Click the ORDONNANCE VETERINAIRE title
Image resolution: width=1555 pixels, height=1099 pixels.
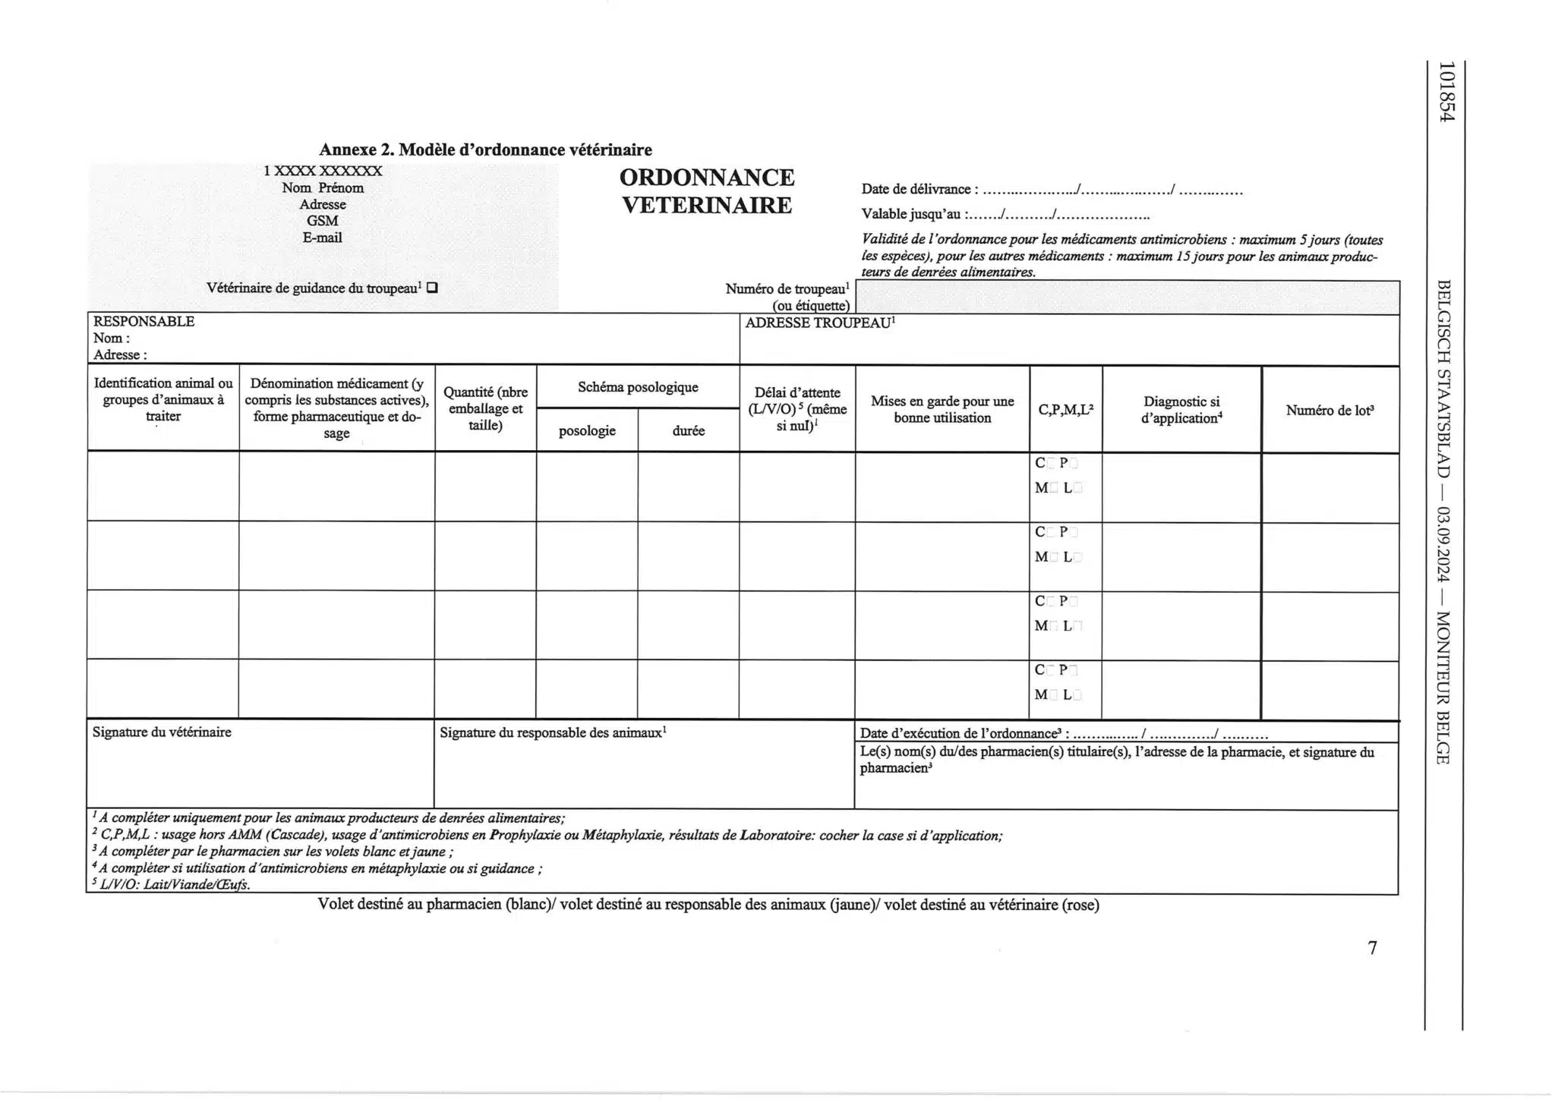click(x=707, y=191)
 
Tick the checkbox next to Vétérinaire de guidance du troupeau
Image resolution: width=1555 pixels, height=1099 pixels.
click(x=432, y=288)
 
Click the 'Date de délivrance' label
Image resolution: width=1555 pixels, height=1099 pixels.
click(x=916, y=190)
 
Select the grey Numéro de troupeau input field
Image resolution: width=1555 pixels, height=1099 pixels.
click(x=1127, y=298)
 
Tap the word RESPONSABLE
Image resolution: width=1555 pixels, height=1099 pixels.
click(x=144, y=322)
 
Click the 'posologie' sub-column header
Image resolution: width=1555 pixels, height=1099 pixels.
click(x=587, y=431)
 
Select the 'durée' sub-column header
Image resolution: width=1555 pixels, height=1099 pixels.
click(x=689, y=431)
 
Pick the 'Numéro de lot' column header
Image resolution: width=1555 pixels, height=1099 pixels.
click(x=1329, y=411)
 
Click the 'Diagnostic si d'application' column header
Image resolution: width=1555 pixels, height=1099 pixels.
click(x=1181, y=410)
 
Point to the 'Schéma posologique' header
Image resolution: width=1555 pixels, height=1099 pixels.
click(x=638, y=388)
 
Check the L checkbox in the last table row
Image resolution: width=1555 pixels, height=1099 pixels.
click(x=1078, y=695)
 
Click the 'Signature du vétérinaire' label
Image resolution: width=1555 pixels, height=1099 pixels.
click(x=162, y=732)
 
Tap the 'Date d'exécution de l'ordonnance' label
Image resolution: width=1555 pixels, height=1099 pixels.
click(x=960, y=734)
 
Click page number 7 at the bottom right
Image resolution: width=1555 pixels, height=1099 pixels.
click(x=1372, y=948)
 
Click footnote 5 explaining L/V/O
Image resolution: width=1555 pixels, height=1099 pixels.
click(x=170, y=885)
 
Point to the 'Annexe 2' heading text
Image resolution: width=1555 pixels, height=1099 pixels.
click(x=485, y=150)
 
